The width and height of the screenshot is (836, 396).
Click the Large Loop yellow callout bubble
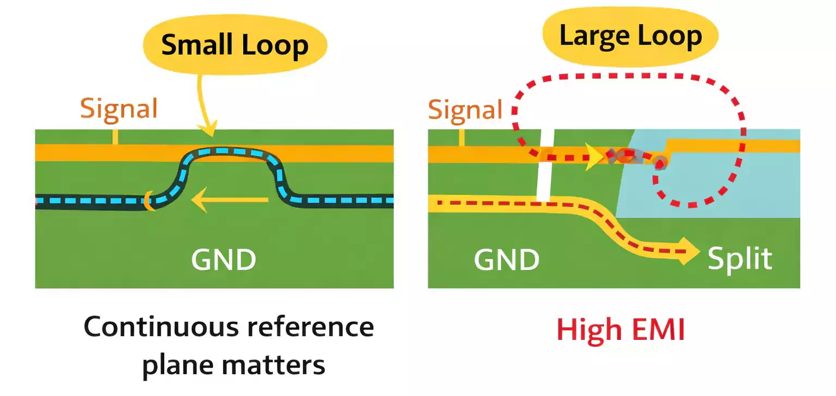630,36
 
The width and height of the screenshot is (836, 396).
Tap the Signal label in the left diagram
119,108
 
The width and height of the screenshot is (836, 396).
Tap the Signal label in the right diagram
465,109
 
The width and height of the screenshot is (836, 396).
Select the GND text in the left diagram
223,260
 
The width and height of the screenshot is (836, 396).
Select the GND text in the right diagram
506,259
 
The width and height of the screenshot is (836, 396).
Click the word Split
740,258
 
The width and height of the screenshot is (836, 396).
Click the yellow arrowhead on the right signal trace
595,157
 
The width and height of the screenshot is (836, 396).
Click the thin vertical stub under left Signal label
115,137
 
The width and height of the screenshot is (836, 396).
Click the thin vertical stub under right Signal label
462,138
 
